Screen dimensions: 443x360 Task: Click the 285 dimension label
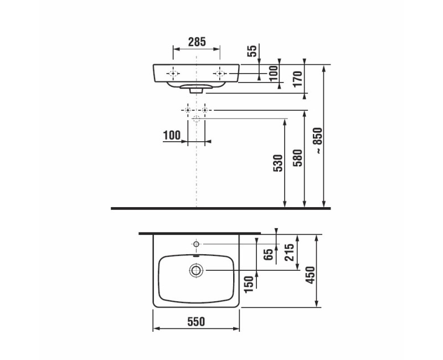coord(197,42)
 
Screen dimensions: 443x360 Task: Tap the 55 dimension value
coord(252,51)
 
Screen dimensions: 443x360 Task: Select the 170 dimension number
coord(298,79)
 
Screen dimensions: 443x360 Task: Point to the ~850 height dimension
coord(318,141)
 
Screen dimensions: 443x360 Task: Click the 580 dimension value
coord(298,158)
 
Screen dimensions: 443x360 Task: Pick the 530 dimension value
coord(278,163)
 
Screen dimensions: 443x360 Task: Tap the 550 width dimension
coord(196,322)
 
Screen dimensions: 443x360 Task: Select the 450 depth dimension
coord(310,275)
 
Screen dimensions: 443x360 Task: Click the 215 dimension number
coord(290,252)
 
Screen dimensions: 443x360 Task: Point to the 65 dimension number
coord(269,254)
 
